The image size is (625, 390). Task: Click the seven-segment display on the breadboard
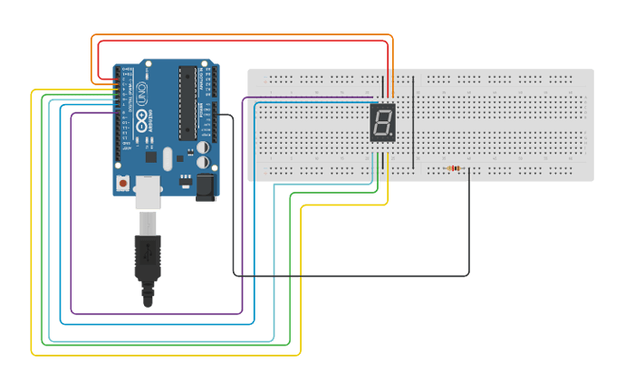click(x=383, y=122)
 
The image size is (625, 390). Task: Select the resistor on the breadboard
click(x=453, y=168)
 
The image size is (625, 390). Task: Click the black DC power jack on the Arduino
click(x=207, y=186)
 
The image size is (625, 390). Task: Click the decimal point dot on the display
click(x=392, y=136)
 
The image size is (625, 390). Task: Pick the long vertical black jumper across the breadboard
click(x=414, y=122)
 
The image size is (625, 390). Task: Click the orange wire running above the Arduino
click(x=245, y=35)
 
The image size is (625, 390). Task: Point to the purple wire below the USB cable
click(x=154, y=314)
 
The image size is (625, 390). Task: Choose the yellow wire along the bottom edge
click(x=163, y=355)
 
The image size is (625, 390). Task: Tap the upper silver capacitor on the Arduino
click(x=206, y=145)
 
